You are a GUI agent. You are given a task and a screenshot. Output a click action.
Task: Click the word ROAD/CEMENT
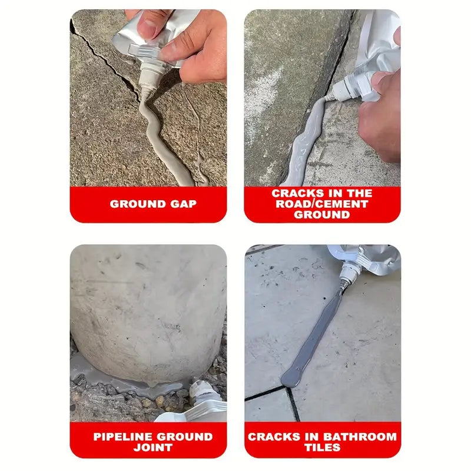(x=322, y=204)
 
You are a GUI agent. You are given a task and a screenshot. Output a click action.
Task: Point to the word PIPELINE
(x=121, y=437)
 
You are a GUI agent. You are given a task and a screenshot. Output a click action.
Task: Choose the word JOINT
(x=148, y=447)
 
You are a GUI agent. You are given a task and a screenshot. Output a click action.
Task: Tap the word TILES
(x=323, y=447)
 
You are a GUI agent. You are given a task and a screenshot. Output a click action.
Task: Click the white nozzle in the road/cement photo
(x=342, y=90)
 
